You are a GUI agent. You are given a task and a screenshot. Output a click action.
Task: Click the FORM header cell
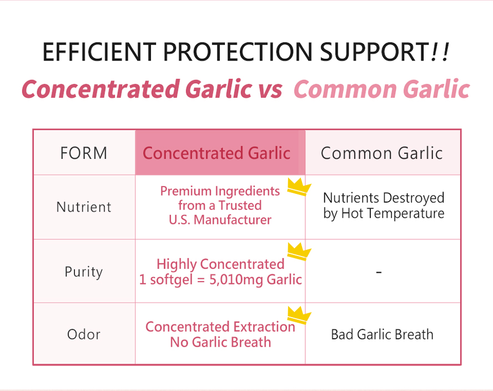84,153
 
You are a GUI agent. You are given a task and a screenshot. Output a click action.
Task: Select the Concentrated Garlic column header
217,153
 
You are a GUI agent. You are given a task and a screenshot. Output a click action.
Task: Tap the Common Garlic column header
382,153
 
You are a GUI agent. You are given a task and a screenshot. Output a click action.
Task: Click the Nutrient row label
84,207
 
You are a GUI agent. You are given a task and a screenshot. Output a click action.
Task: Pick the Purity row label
84,272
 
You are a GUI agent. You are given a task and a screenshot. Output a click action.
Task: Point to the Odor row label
84,334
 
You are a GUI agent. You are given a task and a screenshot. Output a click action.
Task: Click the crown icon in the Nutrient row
298,187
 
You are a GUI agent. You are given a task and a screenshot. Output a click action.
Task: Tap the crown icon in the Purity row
298,251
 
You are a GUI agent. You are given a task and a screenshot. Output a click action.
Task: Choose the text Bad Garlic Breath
382,334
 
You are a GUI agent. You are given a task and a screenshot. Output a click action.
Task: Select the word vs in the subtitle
270,89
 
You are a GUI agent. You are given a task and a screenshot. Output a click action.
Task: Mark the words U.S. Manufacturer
220,220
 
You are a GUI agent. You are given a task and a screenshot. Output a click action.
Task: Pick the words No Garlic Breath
220,342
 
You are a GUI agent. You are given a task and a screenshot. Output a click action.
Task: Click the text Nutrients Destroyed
384,198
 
